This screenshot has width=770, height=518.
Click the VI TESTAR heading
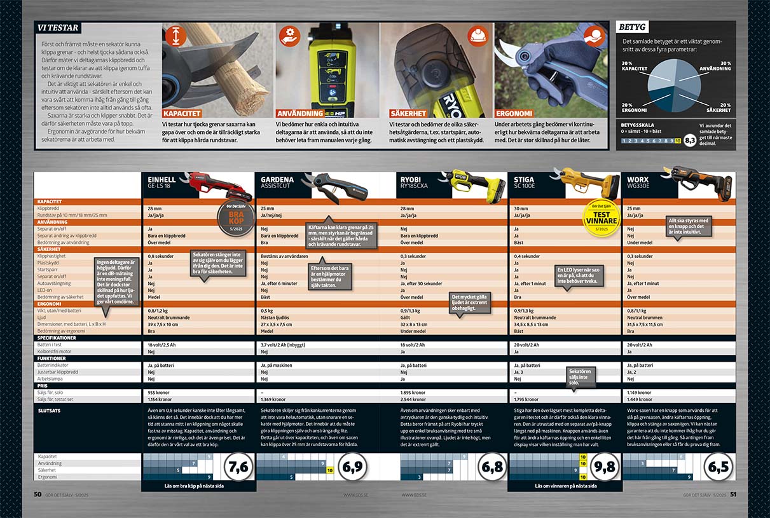click(x=58, y=28)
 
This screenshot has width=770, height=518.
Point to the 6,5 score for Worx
click(x=718, y=468)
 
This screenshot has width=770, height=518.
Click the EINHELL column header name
click(x=162, y=180)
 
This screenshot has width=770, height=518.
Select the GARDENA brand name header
click(x=277, y=180)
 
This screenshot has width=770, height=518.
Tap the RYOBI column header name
click(x=413, y=180)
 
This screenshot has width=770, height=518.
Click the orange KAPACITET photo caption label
click(x=182, y=113)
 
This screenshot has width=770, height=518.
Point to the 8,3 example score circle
click(x=689, y=140)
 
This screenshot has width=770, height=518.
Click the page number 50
click(x=38, y=494)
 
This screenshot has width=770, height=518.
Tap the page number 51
click(x=732, y=494)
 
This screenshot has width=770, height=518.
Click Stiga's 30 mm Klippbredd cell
click(x=520, y=208)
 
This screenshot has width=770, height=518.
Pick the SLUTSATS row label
click(x=51, y=411)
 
